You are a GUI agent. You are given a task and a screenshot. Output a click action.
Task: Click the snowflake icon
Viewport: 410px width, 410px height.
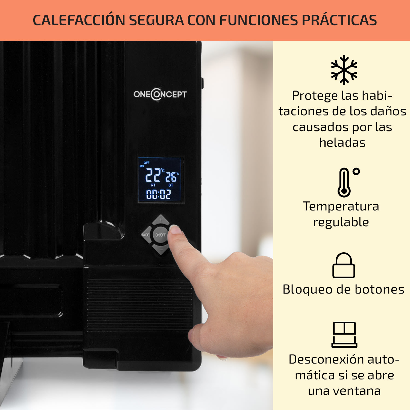click(344, 70)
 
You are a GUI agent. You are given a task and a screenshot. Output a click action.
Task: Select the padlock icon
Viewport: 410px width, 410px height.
click(344, 265)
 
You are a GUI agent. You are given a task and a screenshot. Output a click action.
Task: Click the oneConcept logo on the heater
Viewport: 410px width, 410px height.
click(160, 94)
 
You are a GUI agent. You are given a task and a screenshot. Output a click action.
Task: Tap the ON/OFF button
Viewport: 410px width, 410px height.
click(160, 235)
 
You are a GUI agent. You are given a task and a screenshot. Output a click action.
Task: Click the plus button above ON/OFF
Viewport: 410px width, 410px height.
click(161, 220)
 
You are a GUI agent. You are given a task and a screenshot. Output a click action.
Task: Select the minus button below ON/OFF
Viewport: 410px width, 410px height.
click(161, 250)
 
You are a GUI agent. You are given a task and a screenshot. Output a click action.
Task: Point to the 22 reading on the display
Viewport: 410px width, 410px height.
click(153, 175)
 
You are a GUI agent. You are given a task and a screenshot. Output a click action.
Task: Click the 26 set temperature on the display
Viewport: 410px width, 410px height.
click(171, 177)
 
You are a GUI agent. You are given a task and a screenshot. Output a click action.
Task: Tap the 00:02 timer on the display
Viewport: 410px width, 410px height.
click(159, 194)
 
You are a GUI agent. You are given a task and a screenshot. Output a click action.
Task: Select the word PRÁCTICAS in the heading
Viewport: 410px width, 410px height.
click(339, 20)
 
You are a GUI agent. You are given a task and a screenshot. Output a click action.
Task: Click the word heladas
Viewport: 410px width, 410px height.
click(342, 143)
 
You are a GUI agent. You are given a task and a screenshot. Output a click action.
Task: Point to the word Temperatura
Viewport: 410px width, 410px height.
click(341, 206)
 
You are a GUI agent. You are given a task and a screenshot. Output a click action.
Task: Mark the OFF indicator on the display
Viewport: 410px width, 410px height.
click(147, 163)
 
